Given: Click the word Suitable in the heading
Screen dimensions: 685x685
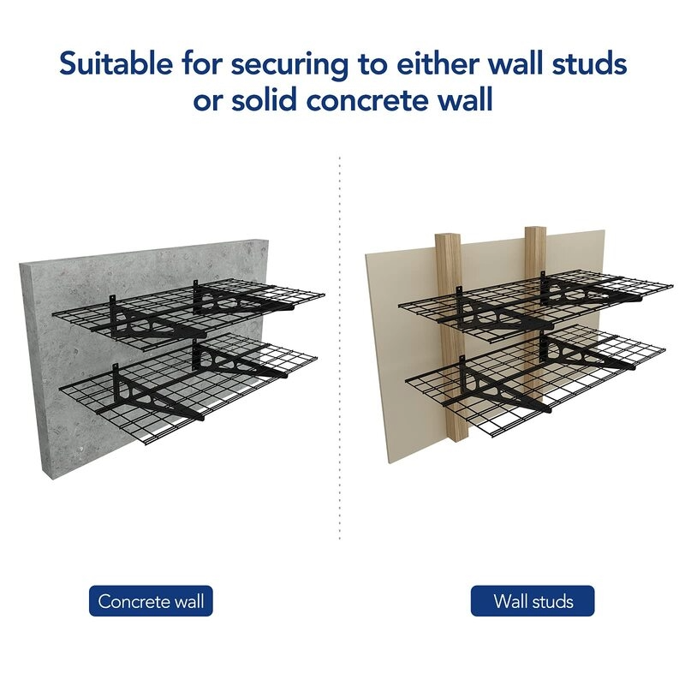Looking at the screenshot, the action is click(x=116, y=63).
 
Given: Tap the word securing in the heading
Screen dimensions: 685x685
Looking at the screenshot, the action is click(x=289, y=66).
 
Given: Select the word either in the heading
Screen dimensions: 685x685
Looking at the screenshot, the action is click(x=438, y=63).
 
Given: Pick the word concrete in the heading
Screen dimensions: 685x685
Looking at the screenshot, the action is click(x=376, y=101).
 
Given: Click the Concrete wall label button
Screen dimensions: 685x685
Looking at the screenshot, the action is click(x=151, y=601).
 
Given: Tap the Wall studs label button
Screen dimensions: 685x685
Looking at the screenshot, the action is click(x=533, y=601).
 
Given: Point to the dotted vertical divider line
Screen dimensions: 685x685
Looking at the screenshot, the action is click(x=339, y=348).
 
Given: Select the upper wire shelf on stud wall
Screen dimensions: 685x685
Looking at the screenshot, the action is click(x=536, y=301).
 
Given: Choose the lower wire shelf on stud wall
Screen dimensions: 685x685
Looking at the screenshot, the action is click(x=536, y=380).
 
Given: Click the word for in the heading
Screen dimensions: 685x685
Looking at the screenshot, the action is click(x=202, y=63).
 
